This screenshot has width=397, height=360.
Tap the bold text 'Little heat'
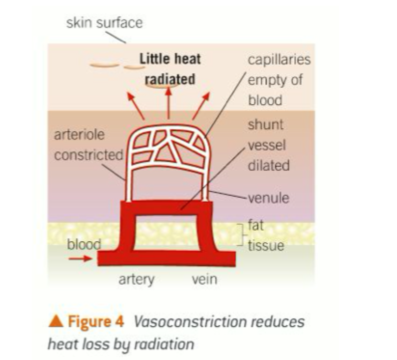click(x=170, y=59)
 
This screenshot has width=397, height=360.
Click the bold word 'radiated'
click(x=170, y=78)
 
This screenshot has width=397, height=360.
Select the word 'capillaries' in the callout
click(x=279, y=60)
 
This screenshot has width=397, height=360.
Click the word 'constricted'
click(x=88, y=155)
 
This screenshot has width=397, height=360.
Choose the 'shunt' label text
click(x=265, y=125)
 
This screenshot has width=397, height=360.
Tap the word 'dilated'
click(x=269, y=166)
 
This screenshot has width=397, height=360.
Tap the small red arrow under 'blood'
click(x=80, y=259)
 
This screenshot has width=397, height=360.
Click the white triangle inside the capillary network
click(x=165, y=154)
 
